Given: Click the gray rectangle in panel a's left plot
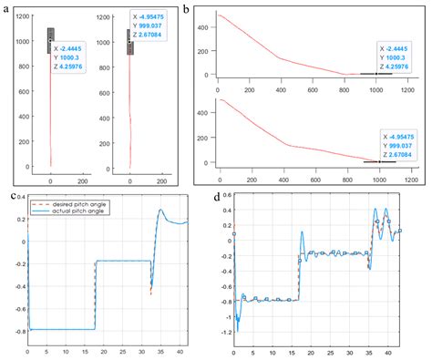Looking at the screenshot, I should point(51,40).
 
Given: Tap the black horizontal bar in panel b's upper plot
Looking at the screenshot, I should point(374,74).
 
